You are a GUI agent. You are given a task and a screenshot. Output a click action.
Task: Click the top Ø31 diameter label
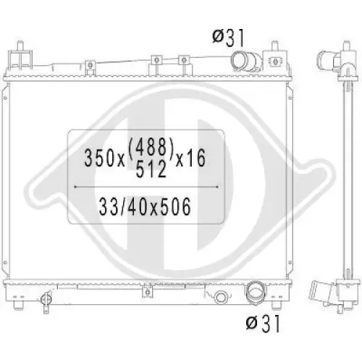pos(228,38)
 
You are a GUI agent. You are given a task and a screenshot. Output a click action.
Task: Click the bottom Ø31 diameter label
pos(263,324)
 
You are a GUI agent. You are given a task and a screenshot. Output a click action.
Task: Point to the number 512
pos(151,169)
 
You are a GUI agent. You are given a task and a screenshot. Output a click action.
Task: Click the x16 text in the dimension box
pos(190,158)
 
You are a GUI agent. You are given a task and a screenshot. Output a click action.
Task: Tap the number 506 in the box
pos(176,206)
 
